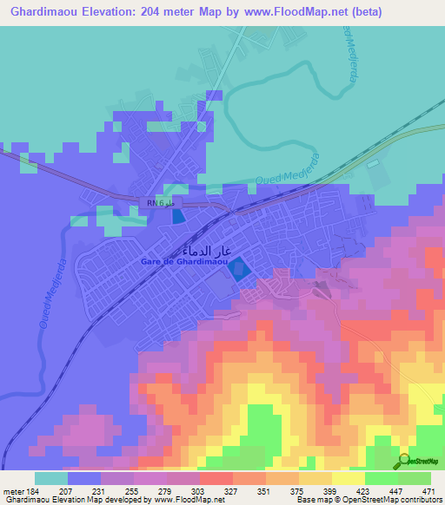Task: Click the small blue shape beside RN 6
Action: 178,217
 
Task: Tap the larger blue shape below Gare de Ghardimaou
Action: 237,270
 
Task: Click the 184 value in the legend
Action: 31,491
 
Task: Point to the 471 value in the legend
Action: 430,491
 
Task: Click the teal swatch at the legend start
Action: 51,478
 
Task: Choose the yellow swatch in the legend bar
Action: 349,478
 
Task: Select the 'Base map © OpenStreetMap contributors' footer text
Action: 369,501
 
